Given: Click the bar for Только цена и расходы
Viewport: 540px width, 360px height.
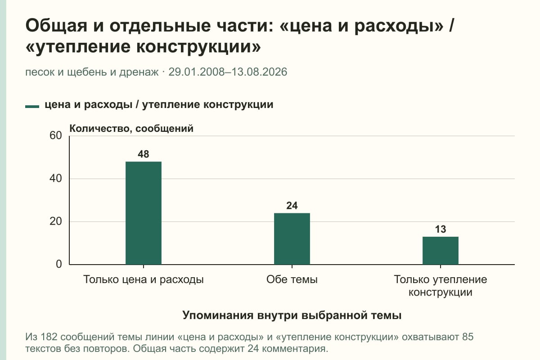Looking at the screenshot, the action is coord(144,213).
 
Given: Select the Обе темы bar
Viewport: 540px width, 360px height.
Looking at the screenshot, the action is coord(292,239).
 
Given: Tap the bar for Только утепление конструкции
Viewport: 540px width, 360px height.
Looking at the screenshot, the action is coord(441,251).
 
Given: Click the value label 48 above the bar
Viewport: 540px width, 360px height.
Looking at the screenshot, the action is coord(144,154).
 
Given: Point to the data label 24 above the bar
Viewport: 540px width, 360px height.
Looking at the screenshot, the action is coord(292,206).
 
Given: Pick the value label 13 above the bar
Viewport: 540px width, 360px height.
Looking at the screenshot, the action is coord(441,229).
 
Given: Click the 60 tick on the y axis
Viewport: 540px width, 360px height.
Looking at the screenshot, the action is coord(56,135).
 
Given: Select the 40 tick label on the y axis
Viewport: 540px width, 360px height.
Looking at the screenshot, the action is coord(56,179).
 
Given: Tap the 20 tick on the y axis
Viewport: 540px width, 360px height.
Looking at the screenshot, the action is coord(56,221).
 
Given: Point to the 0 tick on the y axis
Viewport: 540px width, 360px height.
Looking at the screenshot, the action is coord(59,264).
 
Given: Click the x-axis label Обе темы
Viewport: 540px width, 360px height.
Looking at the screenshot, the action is coord(292,279).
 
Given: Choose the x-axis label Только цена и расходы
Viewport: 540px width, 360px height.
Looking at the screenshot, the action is coord(144,280).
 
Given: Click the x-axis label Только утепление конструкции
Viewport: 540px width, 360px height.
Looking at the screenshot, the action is coord(441,286).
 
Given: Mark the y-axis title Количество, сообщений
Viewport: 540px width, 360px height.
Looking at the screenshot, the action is coord(131,129).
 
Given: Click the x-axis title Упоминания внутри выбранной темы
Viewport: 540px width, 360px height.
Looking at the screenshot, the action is coord(292,315).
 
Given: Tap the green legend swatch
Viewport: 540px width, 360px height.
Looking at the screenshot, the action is coord(32,107).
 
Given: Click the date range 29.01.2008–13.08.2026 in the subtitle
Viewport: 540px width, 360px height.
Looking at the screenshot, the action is coord(228,72).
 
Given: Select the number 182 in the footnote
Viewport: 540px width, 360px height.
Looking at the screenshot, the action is coord(49,337).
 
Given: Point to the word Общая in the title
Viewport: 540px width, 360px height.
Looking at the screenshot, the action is coord(56,26).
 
